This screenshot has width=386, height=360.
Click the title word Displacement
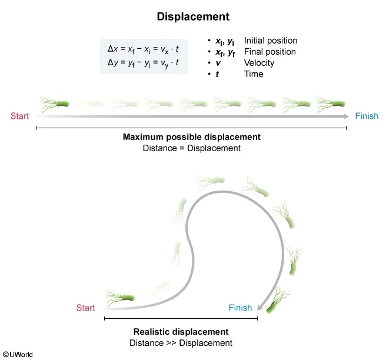pyautogui.click(x=193, y=16)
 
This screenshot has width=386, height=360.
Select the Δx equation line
pyautogui.click(x=144, y=50)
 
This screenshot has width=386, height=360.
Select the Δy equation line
pyautogui.click(x=144, y=63)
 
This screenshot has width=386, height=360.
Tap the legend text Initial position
pyautogui.click(x=270, y=41)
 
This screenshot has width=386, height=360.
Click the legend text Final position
pyautogui.click(x=269, y=52)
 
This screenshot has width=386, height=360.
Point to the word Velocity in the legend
pyautogui.click(x=259, y=63)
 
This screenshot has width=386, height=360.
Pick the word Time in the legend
pyautogui.click(x=254, y=74)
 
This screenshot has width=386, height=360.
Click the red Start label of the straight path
pyautogui.click(x=19, y=116)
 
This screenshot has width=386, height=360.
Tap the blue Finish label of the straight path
pyautogui.click(x=367, y=116)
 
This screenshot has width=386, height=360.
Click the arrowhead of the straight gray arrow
pyautogui.click(x=346, y=116)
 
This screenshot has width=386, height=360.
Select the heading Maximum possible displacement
pyautogui.click(x=191, y=137)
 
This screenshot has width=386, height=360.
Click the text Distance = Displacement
pyautogui.click(x=191, y=148)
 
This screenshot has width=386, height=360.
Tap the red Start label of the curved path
pyautogui.click(x=85, y=308)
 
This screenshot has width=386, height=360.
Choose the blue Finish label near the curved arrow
pyautogui.click(x=240, y=308)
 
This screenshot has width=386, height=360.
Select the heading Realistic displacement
pyautogui.click(x=181, y=332)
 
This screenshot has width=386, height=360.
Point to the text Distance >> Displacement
pyautogui.click(x=181, y=343)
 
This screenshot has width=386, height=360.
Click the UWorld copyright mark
pyautogui.click(x=18, y=354)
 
